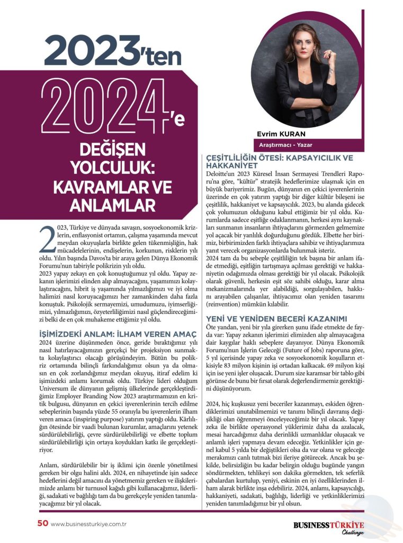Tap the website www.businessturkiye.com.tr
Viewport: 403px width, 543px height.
[x=91, y=524]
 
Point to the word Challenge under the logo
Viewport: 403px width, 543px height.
[x=349, y=533]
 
